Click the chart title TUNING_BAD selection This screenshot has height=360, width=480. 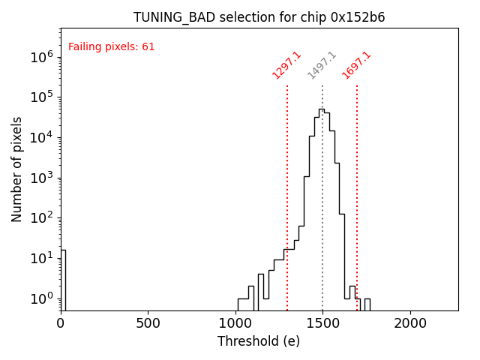point(259,17)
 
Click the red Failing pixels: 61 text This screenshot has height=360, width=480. point(112,46)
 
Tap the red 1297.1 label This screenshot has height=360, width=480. point(286,65)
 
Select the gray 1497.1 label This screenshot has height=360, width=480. point(322,66)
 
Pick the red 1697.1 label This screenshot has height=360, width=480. point(356,65)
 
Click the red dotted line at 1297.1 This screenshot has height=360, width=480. point(287,187)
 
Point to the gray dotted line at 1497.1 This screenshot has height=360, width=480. point(322,187)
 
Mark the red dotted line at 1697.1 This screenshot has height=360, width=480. point(357,187)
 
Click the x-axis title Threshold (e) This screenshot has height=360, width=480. point(259,341)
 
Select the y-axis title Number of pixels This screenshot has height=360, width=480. point(16,169)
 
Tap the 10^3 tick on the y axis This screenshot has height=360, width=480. point(41,178)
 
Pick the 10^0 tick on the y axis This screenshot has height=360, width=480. point(41,298)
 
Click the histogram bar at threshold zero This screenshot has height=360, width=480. point(63,277)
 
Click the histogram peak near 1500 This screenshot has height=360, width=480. point(321,110)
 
